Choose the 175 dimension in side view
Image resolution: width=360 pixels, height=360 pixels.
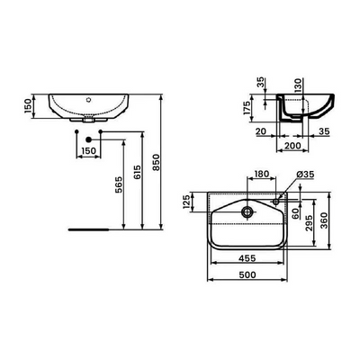(x=246, y=108)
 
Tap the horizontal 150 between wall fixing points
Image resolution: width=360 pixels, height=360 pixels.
(x=89, y=150)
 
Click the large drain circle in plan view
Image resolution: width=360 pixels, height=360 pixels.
(x=248, y=212)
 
